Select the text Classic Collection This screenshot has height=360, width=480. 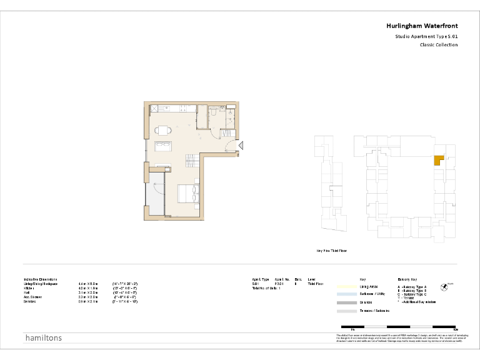tap(438, 45)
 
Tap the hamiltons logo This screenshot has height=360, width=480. tap(42, 338)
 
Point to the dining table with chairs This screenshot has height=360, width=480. tap(164, 131)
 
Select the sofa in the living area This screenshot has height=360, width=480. tap(165, 147)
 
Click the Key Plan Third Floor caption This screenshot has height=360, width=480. tap(331, 251)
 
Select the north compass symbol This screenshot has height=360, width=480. tap(444, 287)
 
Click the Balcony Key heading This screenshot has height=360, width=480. tap(407, 279)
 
